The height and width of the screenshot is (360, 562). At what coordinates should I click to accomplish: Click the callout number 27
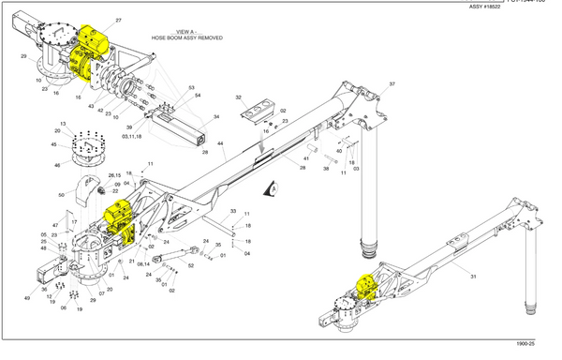coord(119,20)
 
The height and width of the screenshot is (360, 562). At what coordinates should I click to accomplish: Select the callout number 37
coord(392,84)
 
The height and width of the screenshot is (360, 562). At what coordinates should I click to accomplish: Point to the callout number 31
coord(474,277)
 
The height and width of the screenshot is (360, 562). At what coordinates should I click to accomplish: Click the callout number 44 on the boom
coord(221,143)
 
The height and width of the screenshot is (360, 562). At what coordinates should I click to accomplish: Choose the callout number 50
coord(62,194)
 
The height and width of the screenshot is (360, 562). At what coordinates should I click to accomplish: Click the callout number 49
coord(27,297)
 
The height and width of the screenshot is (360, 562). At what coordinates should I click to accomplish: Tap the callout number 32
coord(239,97)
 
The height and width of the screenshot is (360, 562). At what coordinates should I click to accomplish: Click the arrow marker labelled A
coord(271,187)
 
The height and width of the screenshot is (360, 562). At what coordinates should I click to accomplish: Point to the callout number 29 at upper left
coord(23,57)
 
